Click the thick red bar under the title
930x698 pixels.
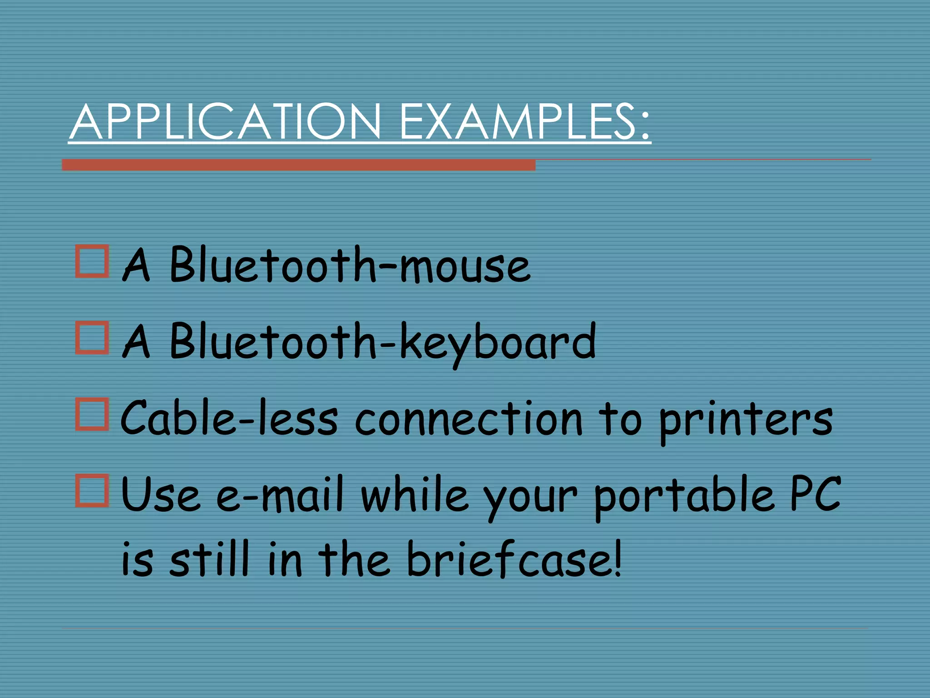point(298,165)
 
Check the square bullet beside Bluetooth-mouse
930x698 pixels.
point(92,261)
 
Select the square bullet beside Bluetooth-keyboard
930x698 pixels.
point(92,338)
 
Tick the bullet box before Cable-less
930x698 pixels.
point(92,414)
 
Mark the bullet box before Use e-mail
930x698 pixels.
point(92,490)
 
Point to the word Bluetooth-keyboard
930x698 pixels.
point(382,341)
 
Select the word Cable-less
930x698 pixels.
point(230,418)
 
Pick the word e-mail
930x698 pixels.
point(280,494)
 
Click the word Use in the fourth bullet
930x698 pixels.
point(161,494)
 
